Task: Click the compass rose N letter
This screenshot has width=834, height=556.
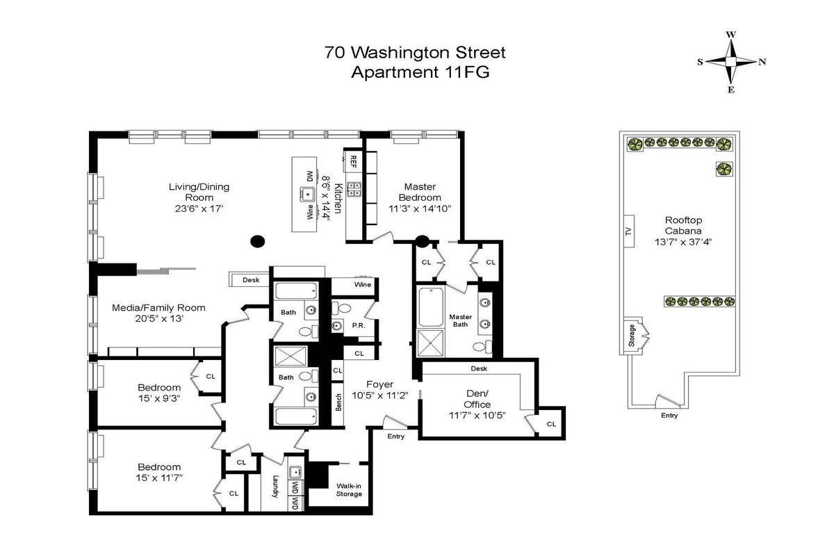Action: pos(762,62)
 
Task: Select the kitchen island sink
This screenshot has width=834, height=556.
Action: pos(307,194)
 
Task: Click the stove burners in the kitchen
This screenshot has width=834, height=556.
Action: pos(353,188)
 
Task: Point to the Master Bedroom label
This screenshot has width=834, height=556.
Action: pos(420,192)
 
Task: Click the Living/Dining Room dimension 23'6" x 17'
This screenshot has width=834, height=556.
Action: pos(199,208)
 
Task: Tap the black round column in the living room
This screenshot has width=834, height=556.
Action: pos(257,241)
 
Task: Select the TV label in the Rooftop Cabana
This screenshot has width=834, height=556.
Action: pos(629,231)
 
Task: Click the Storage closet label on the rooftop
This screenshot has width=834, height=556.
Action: pos(632,336)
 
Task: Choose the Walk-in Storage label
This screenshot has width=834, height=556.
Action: pos(349,490)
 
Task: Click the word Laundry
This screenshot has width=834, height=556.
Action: pos(275,486)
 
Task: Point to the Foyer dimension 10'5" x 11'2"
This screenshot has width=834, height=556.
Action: pos(379,395)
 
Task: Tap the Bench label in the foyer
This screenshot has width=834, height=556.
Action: pos(338,402)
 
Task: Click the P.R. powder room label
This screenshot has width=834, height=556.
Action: pos(359,325)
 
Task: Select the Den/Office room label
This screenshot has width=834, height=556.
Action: pos(477,399)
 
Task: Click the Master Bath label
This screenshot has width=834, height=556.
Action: pos(461,320)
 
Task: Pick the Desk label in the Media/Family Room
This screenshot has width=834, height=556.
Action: pos(251,279)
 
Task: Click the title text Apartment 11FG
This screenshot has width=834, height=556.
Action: pos(420,72)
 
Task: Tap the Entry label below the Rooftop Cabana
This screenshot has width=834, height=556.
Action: pos(669,415)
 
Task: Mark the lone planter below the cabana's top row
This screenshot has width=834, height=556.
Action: pos(724,169)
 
